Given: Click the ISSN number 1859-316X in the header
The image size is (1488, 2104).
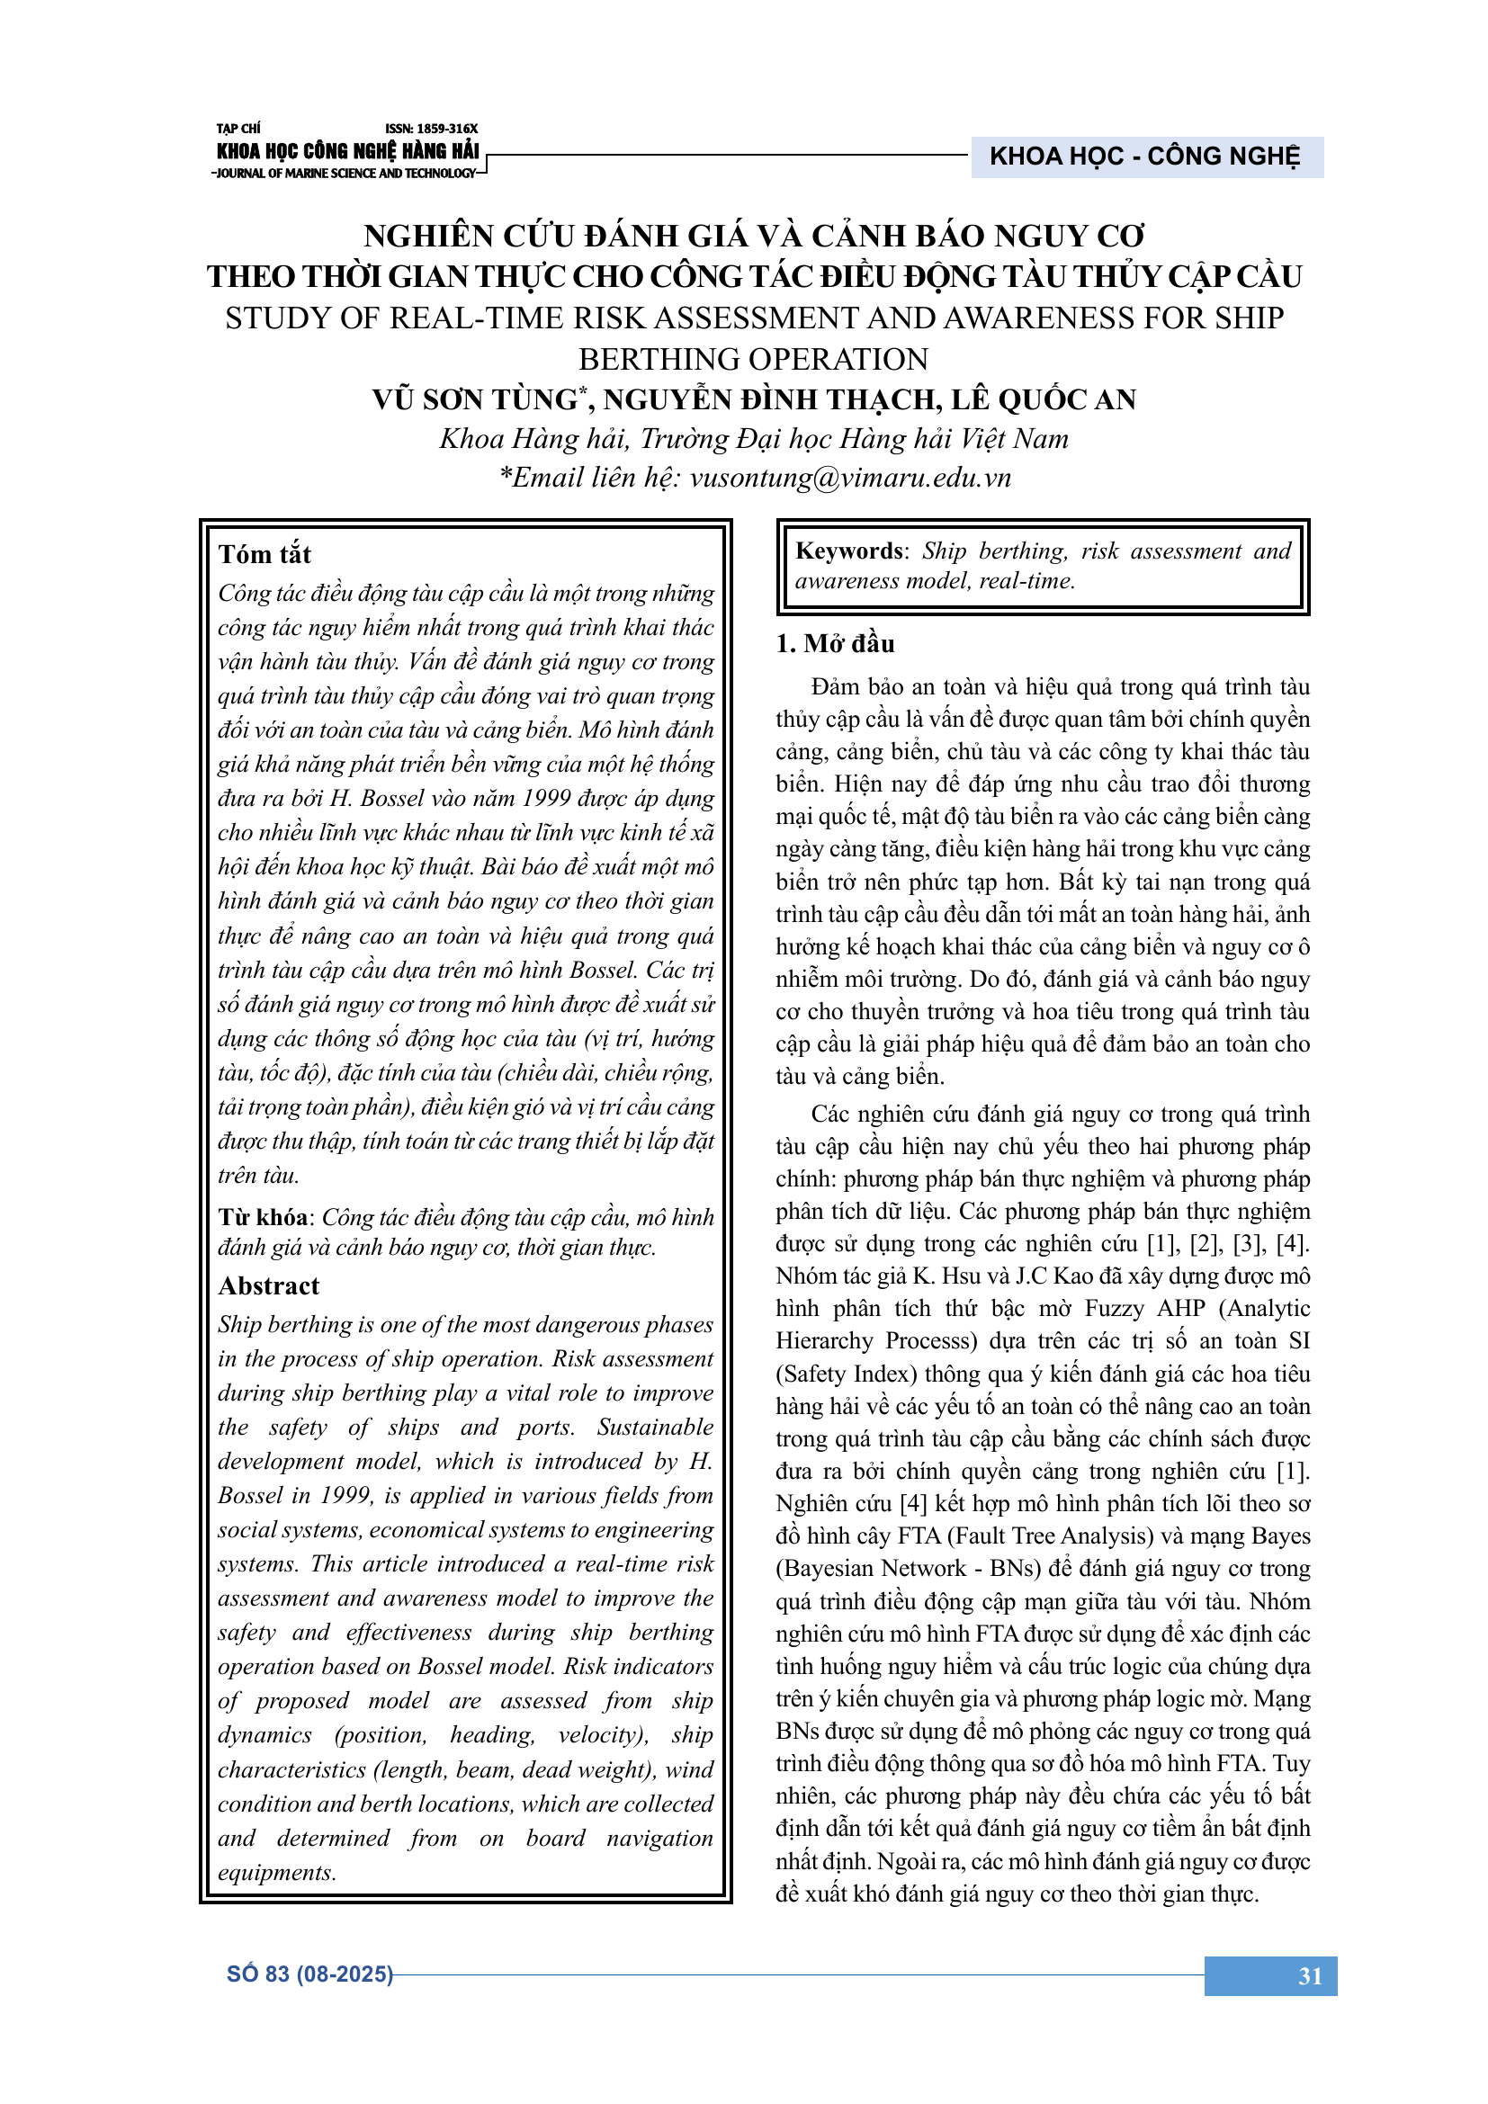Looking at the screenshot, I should pos(432,130).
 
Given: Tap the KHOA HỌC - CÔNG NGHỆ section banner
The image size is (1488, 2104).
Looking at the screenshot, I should pos(1144,157).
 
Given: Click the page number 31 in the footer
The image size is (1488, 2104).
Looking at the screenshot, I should pos(1309,1975).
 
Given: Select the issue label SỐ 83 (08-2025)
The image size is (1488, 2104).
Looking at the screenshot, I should pos(309,1974).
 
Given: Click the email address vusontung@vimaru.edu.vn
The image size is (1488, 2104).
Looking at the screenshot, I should pos(849,478).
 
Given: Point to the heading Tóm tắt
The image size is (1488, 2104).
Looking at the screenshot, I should pos(264,554).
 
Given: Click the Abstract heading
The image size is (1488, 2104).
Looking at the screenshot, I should pos(268,1285).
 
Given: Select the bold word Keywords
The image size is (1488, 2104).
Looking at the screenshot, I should pos(848,551).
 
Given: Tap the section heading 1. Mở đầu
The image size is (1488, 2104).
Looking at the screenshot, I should pos(835,643).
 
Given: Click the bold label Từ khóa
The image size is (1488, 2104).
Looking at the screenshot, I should pos(263,1217).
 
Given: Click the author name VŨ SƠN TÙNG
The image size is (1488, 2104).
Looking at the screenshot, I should pos(476,399).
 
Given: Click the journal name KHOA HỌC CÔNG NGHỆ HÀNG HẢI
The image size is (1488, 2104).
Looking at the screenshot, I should pos(347,151).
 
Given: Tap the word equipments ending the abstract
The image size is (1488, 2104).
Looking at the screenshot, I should pos(277,1872).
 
